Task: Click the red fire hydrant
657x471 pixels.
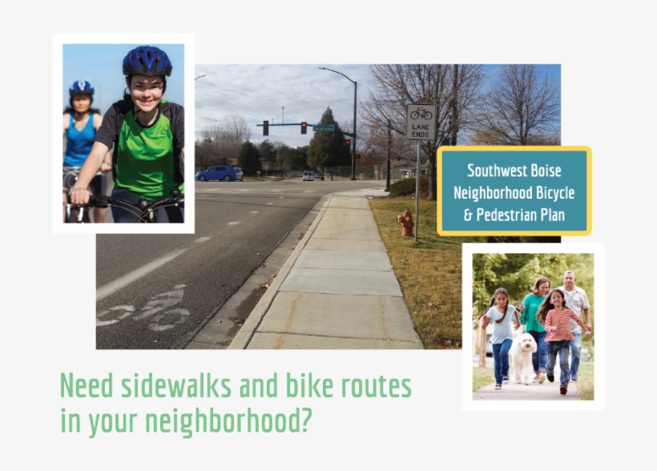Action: (406, 223)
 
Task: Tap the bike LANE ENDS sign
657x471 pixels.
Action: (421, 122)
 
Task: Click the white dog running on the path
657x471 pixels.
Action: (524, 357)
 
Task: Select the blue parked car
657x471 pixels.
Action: (219, 173)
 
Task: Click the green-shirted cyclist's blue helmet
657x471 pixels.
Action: (147, 61)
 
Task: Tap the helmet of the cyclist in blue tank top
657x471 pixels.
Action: (81, 87)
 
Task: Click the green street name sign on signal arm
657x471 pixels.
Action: (324, 127)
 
